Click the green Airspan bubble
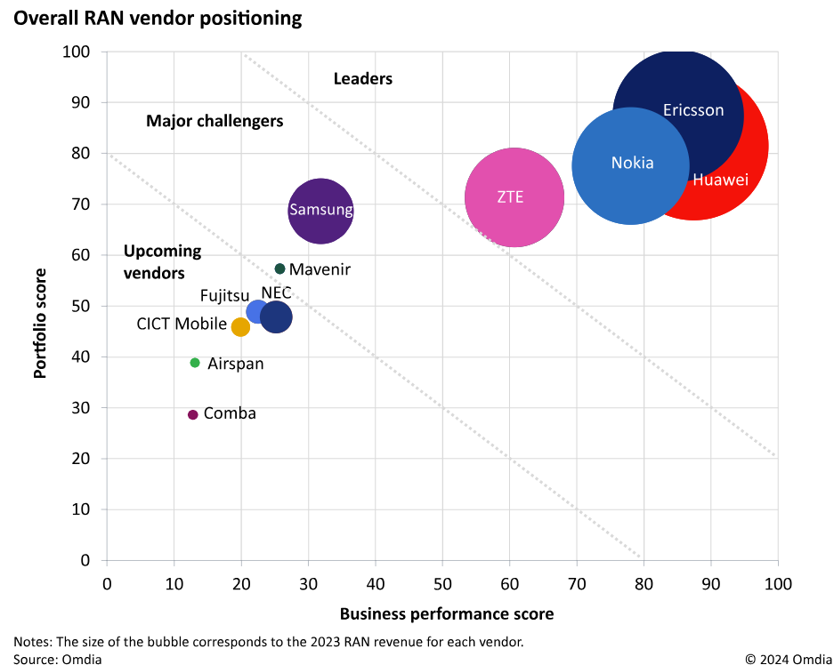[x=195, y=363]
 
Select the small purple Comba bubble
[x=192, y=414]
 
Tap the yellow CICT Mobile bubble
[x=240, y=327]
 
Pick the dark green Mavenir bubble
[x=279, y=268]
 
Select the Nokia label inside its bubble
[x=632, y=163]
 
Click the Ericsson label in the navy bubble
[x=693, y=112]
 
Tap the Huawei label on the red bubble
[x=720, y=180]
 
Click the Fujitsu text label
[x=224, y=294]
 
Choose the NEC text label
[x=276, y=293]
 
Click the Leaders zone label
[x=362, y=79]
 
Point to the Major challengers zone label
[x=215, y=121]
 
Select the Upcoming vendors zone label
[x=162, y=262]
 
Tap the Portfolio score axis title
[x=40, y=306]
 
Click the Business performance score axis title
[x=447, y=614]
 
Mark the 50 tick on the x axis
[x=442, y=583]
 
